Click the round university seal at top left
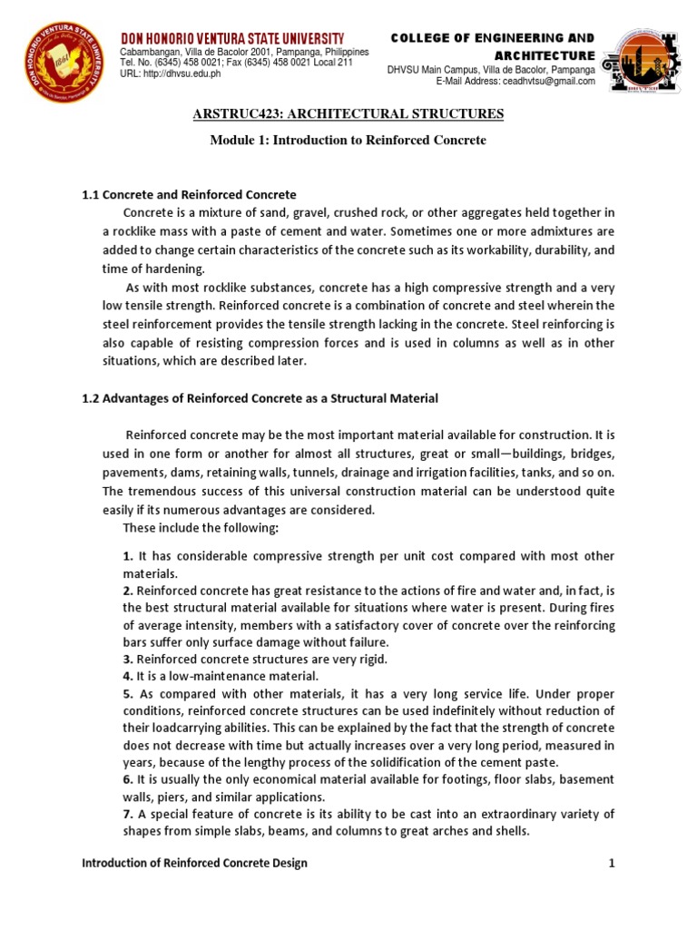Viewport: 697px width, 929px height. point(63,64)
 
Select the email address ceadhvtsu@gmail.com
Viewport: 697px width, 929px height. point(544,81)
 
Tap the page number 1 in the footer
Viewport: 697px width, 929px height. point(612,863)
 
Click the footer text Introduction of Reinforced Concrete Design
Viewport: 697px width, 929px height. point(194,863)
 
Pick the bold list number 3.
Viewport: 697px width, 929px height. point(128,659)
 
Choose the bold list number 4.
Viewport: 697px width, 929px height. point(128,676)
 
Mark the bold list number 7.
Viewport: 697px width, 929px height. point(128,813)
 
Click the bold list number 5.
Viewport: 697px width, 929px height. point(128,693)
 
